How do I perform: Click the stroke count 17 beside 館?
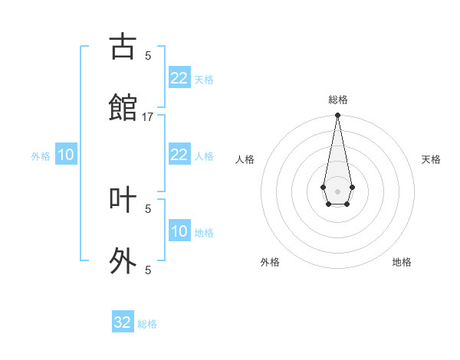pos(148,116)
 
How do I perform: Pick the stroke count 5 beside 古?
pos(148,55)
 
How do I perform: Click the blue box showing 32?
pos(123,322)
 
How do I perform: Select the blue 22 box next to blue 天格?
pos(179,78)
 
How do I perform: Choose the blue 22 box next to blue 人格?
pos(179,155)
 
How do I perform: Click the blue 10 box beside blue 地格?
pos(179,231)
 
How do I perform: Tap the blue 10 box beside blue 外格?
pos(66,155)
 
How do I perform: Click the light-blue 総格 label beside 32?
pos(147,324)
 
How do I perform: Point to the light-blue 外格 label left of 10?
pos(41,156)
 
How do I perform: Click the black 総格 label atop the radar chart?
pos(337,100)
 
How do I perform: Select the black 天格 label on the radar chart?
pos(431,159)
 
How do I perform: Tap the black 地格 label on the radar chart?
pos(402,262)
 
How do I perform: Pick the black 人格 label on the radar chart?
pos(245,159)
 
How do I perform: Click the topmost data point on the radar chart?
pos(337,116)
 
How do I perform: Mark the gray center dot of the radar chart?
pos(337,190)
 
